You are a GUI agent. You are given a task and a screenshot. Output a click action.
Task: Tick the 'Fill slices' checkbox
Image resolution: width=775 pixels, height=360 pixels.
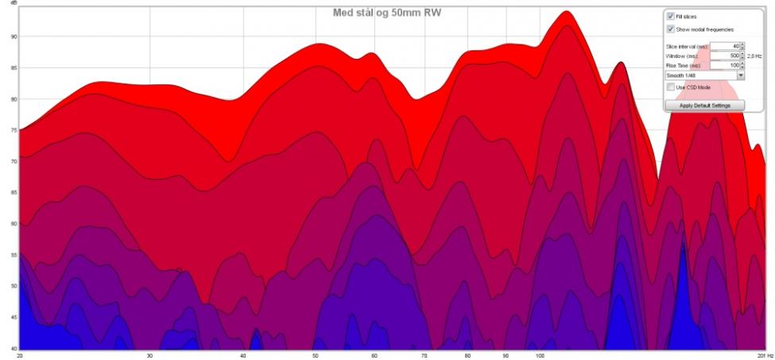pyautogui.click(x=672, y=16)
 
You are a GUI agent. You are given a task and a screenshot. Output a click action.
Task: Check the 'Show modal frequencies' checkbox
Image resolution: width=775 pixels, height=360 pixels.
pyautogui.click(x=672, y=29)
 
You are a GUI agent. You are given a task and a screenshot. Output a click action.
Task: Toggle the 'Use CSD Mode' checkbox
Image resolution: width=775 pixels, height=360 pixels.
pyautogui.click(x=672, y=87)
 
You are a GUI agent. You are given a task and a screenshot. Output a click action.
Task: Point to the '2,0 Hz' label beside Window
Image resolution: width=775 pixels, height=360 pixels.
pyautogui.click(x=754, y=56)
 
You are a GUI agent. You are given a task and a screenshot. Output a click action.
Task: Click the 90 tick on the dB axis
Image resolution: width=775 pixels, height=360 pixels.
pyautogui.click(x=11, y=37)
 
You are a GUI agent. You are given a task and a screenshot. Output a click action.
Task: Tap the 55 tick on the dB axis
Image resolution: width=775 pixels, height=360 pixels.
pyautogui.click(x=11, y=255)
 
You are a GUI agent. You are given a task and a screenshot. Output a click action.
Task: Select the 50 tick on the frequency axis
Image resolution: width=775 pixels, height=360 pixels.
pyautogui.click(x=316, y=355)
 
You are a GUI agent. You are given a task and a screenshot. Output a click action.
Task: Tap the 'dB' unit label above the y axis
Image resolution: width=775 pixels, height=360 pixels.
pyautogui.click(x=11, y=4)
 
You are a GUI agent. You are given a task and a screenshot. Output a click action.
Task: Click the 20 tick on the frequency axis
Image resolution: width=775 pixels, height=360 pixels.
pyautogui.click(x=19, y=355)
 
